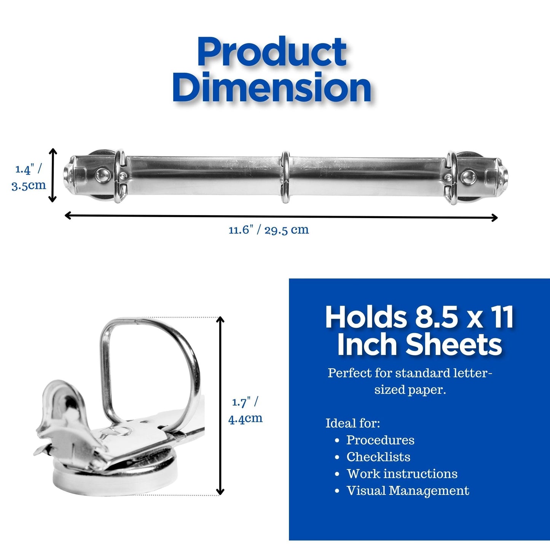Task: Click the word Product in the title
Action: point(272,52)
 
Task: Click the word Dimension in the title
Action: point(272,88)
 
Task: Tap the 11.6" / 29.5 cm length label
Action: point(269,230)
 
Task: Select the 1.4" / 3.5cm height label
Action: point(29,177)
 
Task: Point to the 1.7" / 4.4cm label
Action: point(245,410)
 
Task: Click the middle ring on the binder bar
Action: point(285,177)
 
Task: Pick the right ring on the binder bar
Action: point(452,177)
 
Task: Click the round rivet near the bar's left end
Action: point(102,175)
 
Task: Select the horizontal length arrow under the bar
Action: point(281,217)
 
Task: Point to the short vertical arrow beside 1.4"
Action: point(53,175)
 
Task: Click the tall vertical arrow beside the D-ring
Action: point(220,406)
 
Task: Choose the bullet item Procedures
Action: point(380,440)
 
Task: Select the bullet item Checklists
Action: point(378,457)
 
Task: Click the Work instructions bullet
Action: point(402,473)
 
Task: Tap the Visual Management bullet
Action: point(407,491)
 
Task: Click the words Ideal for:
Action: point(352,423)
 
